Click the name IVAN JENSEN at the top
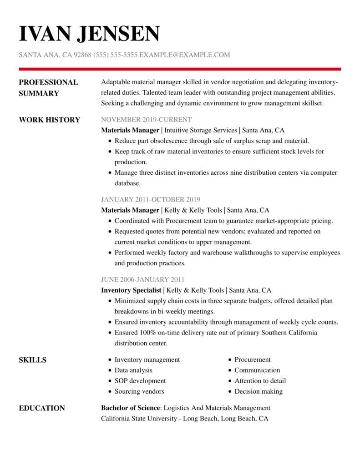[89, 34]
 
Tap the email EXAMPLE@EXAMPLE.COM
[184, 55]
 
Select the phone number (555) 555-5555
[115, 55]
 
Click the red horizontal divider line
[180, 69]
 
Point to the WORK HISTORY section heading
[49, 120]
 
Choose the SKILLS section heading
[32, 360]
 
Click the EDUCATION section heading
[42, 408]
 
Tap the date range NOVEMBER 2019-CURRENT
[146, 120]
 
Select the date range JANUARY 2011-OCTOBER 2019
[151, 199]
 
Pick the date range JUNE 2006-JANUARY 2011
[142, 279]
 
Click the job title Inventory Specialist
[131, 290]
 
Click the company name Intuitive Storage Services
[201, 130]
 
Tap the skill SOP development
[140, 381]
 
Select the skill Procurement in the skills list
[253, 360]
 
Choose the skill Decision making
[259, 391]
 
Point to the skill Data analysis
[133, 370]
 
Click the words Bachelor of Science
[131, 408]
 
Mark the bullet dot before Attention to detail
[230, 381]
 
